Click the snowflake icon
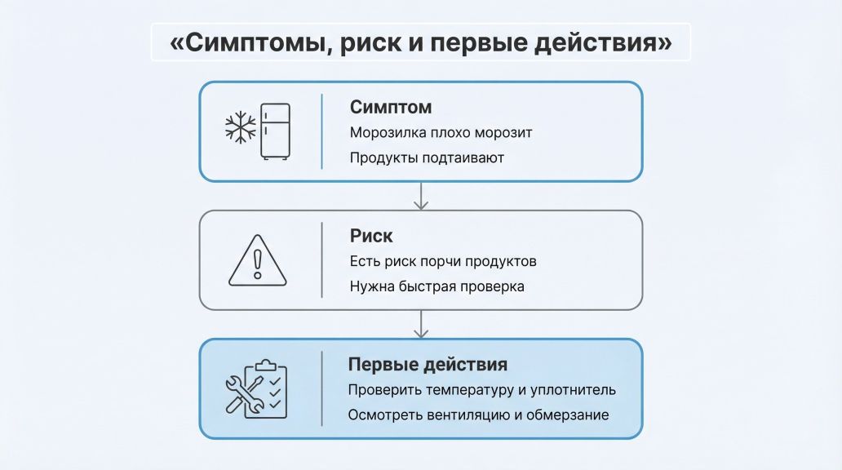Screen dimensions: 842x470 pos(240,128)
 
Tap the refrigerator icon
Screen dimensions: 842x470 pos(276,131)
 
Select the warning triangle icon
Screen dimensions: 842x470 pos(257,261)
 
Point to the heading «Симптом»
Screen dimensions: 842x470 pos(391,107)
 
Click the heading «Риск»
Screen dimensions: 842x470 pos(371,236)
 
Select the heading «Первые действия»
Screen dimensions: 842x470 pos(428,364)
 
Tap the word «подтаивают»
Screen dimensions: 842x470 pos(464,157)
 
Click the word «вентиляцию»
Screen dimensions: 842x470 pos(463,415)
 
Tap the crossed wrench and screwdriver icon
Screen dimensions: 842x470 pos(244,394)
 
